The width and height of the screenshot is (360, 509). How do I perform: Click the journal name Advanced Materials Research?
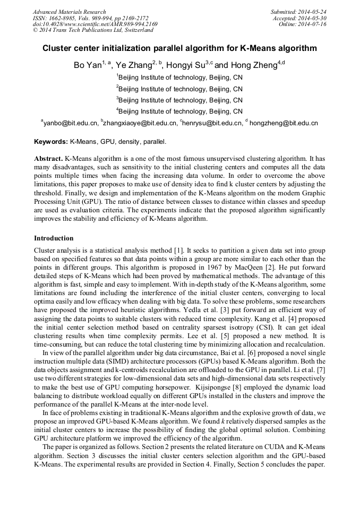69,12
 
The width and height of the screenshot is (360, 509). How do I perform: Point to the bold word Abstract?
48,159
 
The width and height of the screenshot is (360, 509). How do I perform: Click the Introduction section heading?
54,238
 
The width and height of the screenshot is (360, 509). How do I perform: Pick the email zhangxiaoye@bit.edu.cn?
140,123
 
